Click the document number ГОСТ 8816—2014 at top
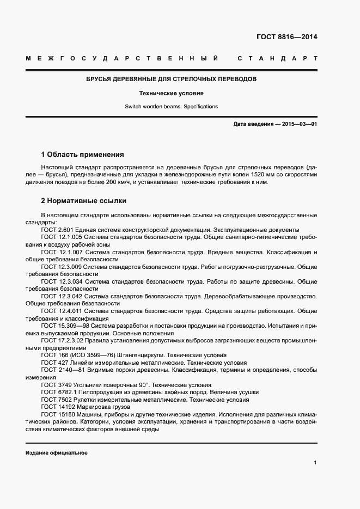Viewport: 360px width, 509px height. (286, 37)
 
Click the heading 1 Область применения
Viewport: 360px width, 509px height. (82, 155)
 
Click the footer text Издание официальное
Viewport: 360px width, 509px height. (56, 453)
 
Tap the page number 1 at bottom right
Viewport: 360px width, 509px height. (315, 462)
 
